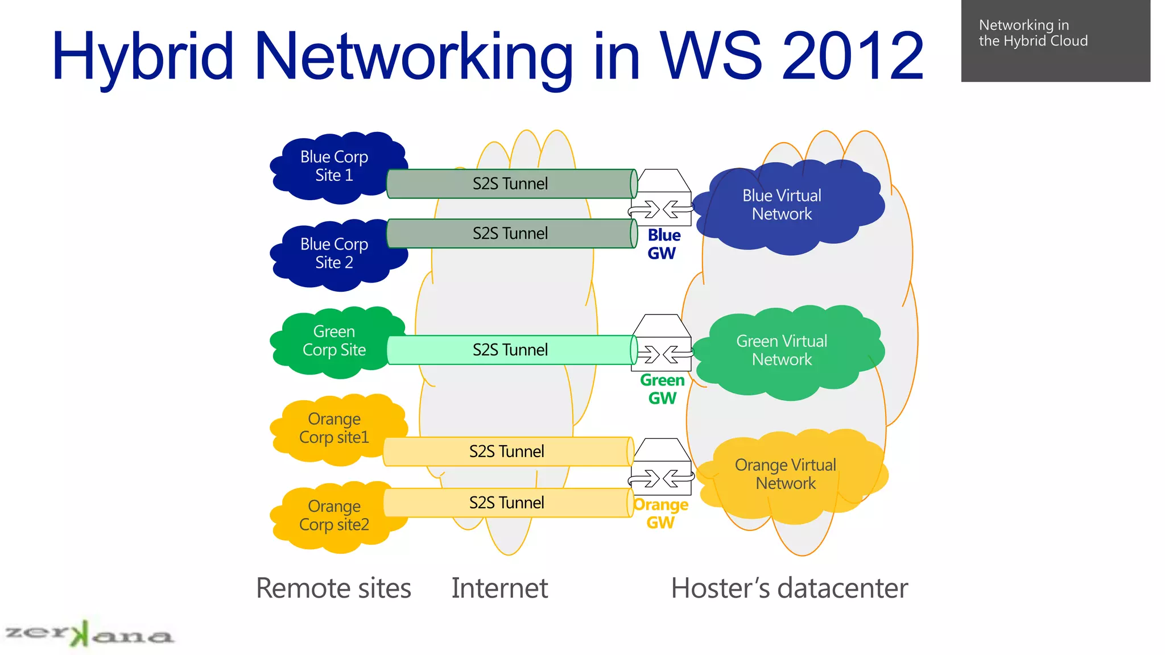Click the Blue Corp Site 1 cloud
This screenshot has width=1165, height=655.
334,166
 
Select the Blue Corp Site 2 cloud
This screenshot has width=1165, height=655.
334,254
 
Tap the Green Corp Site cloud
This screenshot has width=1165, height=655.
334,341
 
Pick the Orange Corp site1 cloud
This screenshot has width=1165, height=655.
334,428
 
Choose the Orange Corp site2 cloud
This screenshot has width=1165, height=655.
334,516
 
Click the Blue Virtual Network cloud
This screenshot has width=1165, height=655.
782,205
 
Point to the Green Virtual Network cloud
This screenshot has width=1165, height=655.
782,350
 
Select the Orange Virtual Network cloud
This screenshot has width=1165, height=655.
785,474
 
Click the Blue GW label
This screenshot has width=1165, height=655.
663,244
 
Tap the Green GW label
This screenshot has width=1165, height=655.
662,389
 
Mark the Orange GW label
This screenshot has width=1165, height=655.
660,513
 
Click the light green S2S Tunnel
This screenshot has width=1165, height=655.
510,350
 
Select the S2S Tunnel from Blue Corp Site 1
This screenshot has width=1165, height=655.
510,184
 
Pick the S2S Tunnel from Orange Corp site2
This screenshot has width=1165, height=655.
507,503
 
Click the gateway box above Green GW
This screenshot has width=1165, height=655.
663,343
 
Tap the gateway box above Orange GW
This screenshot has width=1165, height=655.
663,466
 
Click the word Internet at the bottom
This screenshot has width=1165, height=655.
499,588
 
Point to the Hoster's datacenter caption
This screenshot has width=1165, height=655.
789,588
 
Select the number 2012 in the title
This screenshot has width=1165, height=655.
853,56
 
